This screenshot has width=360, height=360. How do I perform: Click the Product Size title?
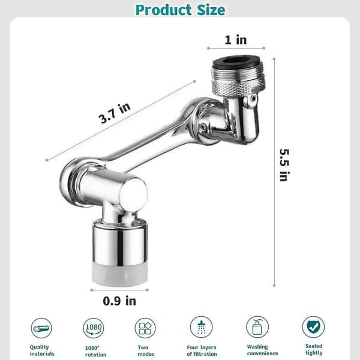click(180, 10)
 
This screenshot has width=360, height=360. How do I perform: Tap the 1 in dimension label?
click(236, 40)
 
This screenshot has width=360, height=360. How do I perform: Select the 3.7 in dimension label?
click(115, 113)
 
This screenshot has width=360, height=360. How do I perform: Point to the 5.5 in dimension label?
click(284, 165)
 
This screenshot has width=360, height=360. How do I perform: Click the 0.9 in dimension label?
click(119, 301)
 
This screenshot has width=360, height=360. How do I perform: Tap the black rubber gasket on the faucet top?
click(235, 62)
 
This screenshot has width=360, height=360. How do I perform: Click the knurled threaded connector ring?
click(239, 85)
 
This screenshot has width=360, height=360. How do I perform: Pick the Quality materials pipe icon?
click(41, 328)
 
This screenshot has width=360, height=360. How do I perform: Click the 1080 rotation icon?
click(93, 328)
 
